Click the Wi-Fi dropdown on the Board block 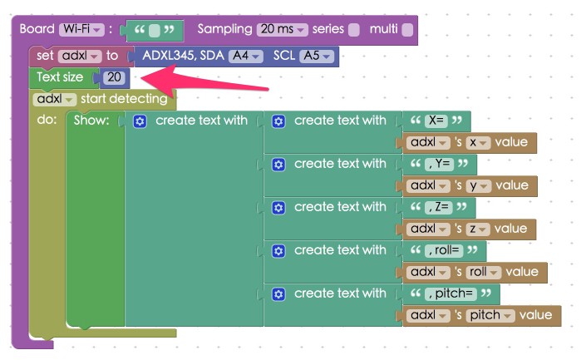[x=81, y=29]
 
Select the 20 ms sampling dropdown [x=283, y=29]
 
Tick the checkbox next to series [x=354, y=30]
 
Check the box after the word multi [x=406, y=30]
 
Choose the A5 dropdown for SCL [x=317, y=56]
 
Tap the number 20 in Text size [x=115, y=77]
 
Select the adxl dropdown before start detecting [x=56, y=99]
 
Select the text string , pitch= [x=451, y=293]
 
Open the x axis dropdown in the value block [x=477, y=142]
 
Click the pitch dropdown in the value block [x=490, y=315]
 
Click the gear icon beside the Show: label [x=140, y=121]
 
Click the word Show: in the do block [x=91, y=121]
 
